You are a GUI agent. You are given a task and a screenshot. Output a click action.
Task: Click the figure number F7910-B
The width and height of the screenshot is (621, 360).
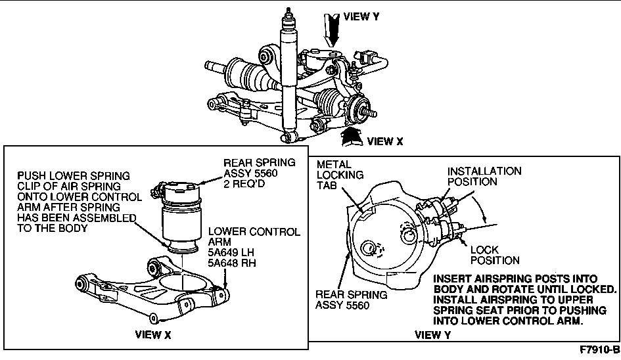[599, 349]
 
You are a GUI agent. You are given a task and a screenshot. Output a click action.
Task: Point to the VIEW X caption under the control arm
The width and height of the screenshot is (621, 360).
[153, 334]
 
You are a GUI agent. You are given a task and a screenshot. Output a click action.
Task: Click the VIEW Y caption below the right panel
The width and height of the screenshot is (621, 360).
[432, 334]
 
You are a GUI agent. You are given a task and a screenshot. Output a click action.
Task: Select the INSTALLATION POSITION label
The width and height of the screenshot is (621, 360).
[484, 176]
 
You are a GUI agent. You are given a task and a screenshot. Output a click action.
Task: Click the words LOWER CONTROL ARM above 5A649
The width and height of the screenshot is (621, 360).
[254, 237]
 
